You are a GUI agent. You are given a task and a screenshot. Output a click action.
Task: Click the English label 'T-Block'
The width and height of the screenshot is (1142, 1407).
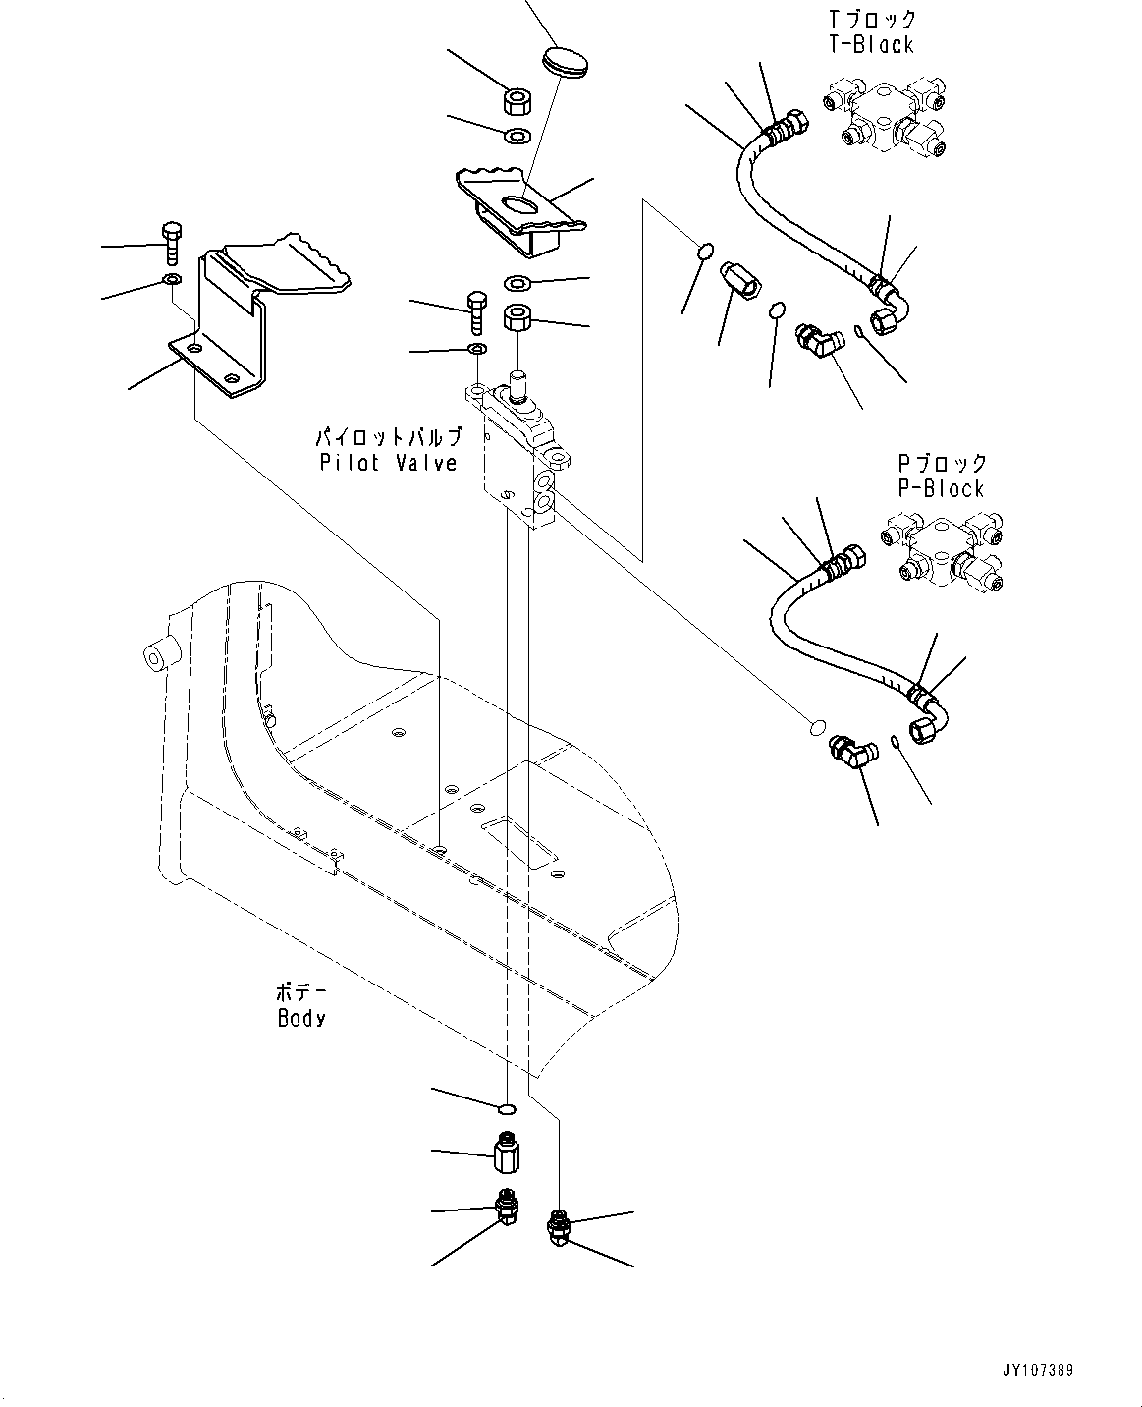870,44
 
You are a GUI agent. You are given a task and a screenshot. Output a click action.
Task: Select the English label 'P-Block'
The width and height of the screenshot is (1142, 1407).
941,488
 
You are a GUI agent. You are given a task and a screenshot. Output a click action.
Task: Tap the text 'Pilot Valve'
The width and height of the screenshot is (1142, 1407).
389,462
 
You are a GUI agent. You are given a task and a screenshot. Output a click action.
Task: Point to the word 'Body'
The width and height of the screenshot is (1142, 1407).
301,1018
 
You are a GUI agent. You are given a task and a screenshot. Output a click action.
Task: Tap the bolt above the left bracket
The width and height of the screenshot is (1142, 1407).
171,242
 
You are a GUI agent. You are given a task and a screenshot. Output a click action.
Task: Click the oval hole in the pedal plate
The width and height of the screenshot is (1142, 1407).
520,202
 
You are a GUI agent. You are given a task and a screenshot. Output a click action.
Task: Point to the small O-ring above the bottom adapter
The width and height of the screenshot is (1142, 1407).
507,1109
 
